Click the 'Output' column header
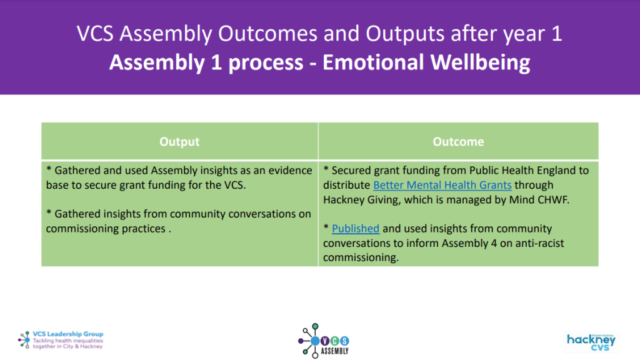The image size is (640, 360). click(179, 142)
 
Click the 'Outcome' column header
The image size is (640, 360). click(458, 142)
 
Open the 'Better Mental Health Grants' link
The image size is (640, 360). click(442, 185)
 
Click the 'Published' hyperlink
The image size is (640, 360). click(356, 229)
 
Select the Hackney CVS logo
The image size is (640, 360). click(591, 341)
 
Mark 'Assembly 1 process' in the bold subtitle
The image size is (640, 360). click(206, 62)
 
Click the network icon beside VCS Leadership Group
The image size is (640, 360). click(24, 339)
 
